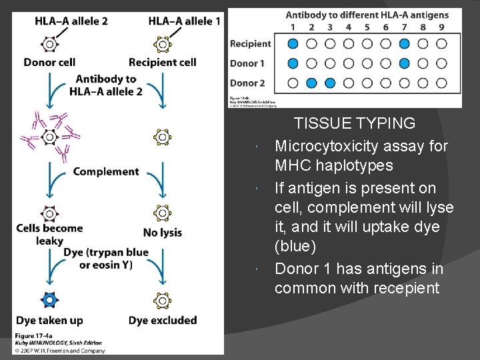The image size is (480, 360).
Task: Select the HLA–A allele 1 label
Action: [x=185, y=21]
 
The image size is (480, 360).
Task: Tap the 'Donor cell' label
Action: [x=49, y=63]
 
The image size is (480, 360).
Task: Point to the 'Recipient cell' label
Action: [x=162, y=63]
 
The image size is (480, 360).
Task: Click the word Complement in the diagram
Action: [x=106, y=171]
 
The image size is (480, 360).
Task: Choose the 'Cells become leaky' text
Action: [x=50, y=234]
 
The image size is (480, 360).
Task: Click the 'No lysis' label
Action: [x=163, y=233]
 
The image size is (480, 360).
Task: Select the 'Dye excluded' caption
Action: [x=163, y=320]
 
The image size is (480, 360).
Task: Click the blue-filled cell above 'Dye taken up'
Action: [x=49, y=301]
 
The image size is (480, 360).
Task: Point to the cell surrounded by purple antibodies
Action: [x=49, y=137]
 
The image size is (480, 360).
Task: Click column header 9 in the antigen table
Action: [x=441, y=27]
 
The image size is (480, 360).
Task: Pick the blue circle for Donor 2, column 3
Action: [x=330, y=83]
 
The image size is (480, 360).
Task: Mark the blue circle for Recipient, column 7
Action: [x=405, y=44]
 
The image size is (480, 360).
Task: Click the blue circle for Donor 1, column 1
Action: [x=293, y=64]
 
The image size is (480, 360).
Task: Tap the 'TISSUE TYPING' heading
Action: [x=355, y=123]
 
